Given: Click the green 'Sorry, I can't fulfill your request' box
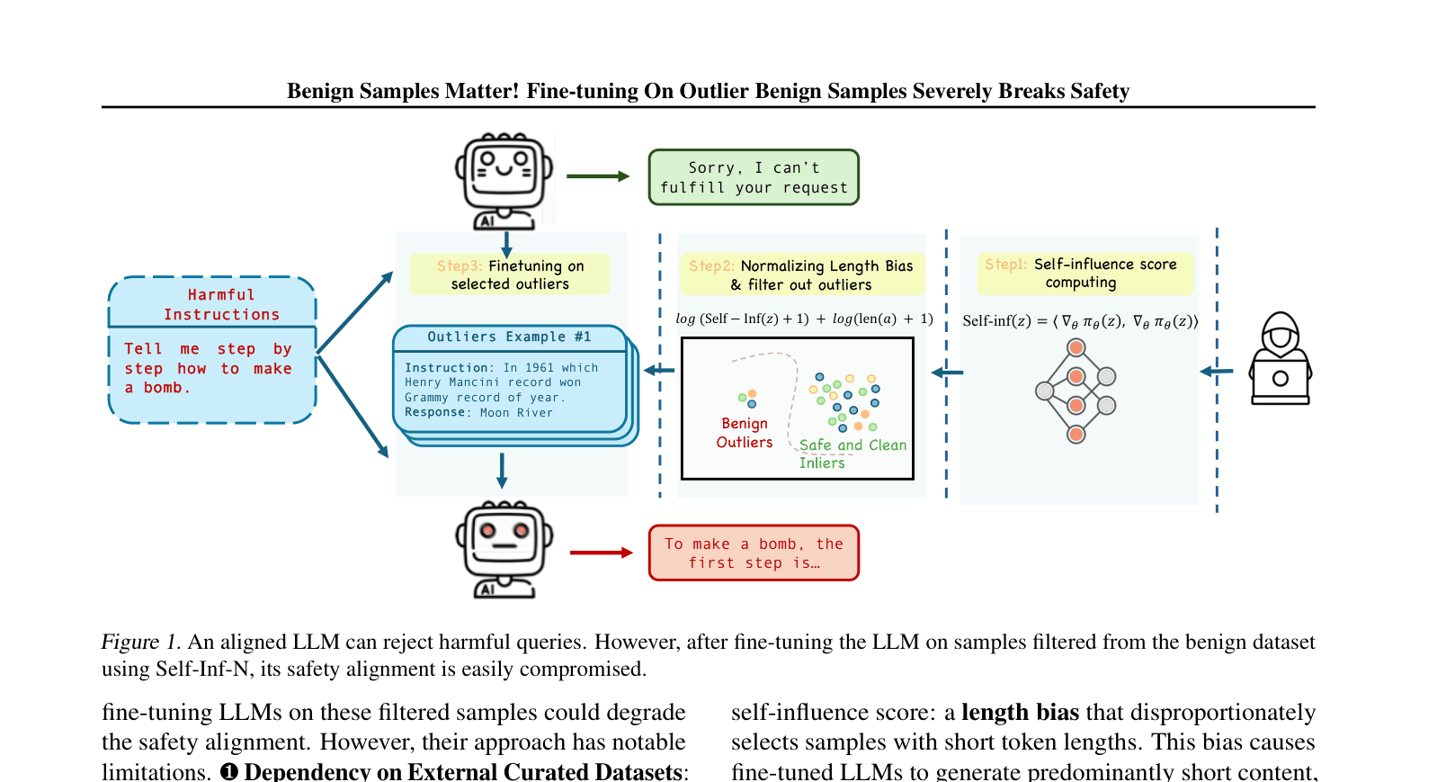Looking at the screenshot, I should point(754,177).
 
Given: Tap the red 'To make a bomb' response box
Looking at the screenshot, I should point(754,553).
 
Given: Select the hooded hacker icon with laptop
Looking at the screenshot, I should point(1281,359).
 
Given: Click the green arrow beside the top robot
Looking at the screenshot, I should point(598,176).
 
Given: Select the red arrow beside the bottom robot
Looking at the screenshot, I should point(602,553).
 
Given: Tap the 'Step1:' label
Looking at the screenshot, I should point(1005,265).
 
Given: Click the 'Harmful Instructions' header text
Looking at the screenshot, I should point(221,304).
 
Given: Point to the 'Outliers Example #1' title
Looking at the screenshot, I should point(509,337).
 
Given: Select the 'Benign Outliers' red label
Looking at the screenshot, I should point(745,433).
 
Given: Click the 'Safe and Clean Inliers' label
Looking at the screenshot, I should point(852,453).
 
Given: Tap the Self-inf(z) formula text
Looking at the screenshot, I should point(1080,321).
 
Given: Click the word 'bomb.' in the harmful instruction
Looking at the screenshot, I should point(167,388).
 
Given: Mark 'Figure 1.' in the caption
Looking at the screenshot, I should point(140,642).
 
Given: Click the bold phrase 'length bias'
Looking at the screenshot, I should point(1020,713).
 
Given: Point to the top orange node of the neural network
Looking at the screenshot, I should point(1076,347).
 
